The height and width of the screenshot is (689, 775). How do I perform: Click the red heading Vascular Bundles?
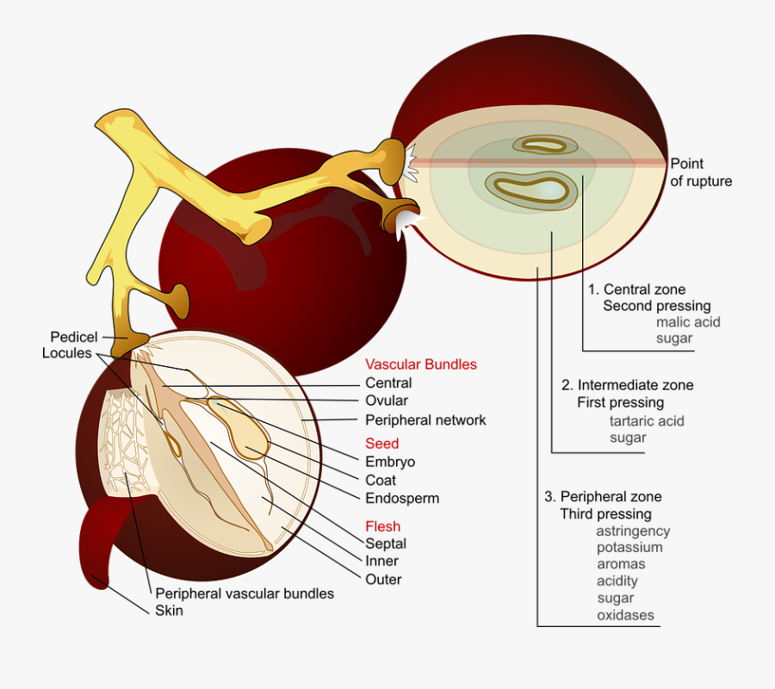coord(420,364)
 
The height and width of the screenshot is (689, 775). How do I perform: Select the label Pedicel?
coord(73,337)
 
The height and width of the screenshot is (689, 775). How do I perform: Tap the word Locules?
coord(66,353)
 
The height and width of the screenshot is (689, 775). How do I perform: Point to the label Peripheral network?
coord(425,420)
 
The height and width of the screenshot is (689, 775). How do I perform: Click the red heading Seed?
coord(381,444)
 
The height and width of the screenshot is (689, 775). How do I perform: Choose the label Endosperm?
coord(402,498)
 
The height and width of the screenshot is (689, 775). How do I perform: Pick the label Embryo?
coord(389,462)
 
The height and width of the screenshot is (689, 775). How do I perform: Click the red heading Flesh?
coord(382,526)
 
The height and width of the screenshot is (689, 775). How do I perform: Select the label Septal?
coord(385,543)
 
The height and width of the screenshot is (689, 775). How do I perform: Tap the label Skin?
coord(169,611)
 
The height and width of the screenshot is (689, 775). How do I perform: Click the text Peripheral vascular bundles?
coord(245,593)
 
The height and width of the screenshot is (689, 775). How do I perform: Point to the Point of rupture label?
coord(700,172)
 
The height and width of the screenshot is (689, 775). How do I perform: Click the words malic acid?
coord(687,322)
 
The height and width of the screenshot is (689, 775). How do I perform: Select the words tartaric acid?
coord(646,421)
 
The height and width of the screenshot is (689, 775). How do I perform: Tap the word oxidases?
coord(625,615)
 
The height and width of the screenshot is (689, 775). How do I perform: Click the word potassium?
coord(629,548)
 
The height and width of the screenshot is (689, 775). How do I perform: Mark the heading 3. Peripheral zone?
coord(602,497)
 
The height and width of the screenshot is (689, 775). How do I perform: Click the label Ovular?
coord(387,400)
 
